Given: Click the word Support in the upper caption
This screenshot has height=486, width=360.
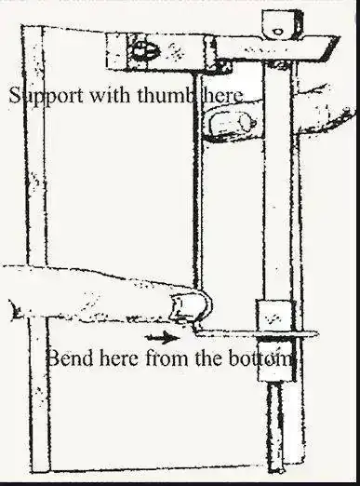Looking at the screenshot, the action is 47,95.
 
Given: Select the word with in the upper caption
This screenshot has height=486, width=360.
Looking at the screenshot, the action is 110,95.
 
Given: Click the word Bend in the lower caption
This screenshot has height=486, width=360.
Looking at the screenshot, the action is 71,358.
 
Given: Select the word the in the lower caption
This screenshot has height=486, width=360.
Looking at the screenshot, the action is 208,358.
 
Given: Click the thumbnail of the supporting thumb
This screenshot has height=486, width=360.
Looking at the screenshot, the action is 230,122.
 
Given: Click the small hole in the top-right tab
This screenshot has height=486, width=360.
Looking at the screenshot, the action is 277,31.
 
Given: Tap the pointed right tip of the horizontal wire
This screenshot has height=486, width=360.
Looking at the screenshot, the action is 317,334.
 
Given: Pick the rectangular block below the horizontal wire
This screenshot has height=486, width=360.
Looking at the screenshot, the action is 275,361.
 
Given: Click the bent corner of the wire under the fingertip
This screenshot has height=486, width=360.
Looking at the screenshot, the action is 196,330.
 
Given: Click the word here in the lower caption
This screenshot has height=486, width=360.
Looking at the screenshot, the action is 119,358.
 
